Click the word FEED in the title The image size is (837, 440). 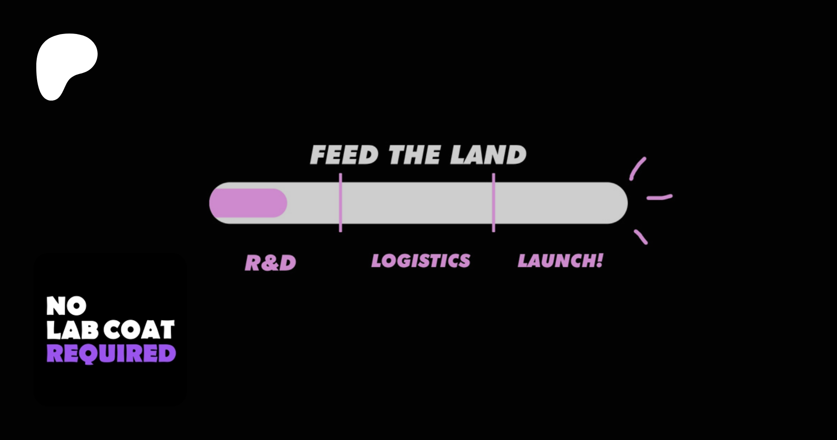344,155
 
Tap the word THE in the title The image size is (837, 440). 414,155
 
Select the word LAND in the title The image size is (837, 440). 488,155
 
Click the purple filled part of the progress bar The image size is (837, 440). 248,203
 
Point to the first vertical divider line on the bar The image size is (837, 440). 340,203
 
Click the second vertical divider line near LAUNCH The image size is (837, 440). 493,203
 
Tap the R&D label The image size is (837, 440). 270,263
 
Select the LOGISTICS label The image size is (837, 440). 421,261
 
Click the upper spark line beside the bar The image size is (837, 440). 638,168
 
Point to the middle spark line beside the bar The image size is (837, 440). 659,197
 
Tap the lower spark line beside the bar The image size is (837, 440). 641,237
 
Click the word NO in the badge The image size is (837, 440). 66,306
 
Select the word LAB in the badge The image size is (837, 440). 73,330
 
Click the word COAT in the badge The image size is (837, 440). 139,330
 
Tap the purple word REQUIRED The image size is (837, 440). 111,354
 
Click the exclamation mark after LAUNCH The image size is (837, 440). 600,260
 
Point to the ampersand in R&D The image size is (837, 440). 270,263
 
